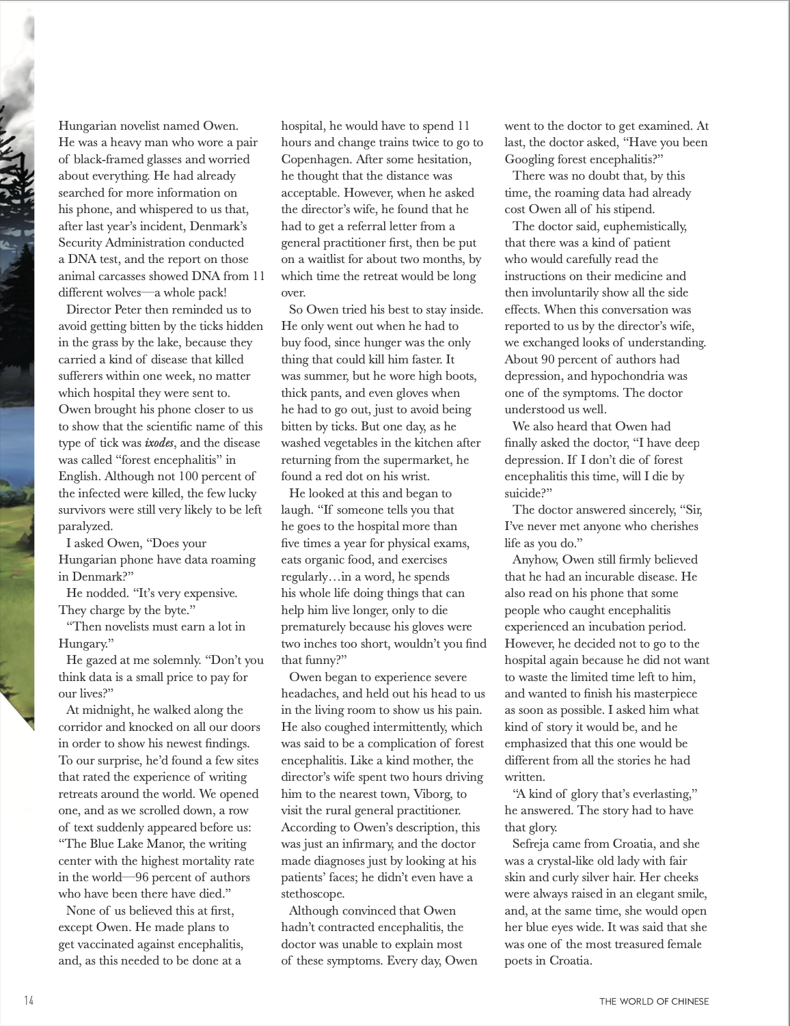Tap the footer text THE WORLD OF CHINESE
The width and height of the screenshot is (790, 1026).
pos(654,1001)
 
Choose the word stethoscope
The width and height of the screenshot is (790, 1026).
pos(312,893)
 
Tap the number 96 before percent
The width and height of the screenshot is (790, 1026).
pos(143,877)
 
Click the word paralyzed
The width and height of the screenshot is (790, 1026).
pos(85,526)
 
